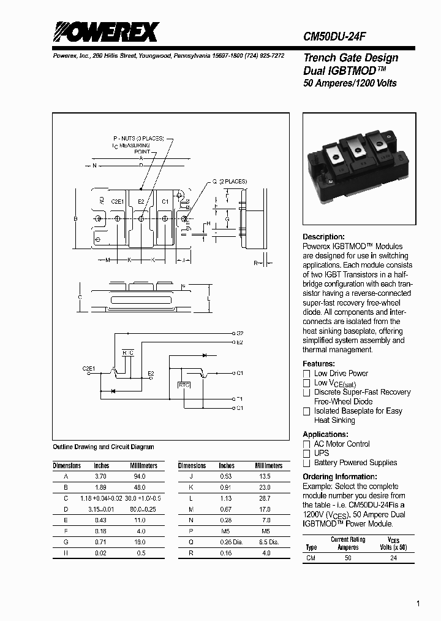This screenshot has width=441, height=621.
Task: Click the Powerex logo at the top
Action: [105, 31]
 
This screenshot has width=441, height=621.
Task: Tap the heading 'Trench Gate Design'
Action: [351, 58]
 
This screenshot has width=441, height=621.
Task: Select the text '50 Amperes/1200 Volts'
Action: [350, 83]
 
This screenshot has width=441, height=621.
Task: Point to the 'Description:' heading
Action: [324, 237]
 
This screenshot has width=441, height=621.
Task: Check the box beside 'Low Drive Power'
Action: [307, 374]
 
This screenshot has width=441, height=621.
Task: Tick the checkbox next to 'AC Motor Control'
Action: [307, 444]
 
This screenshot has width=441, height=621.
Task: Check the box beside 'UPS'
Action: [307, 453]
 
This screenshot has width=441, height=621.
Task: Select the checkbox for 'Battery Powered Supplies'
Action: [307, 463]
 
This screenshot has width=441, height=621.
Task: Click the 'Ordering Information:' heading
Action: [340, 477]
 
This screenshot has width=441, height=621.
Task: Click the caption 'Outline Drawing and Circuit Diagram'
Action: [104, 447]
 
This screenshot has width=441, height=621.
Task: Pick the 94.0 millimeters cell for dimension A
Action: [140, 476]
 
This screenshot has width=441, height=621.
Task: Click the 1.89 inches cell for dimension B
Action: [101, 487]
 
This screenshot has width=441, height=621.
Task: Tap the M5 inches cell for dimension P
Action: [226, 531]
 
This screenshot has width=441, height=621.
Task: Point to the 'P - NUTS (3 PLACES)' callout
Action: [138, 138]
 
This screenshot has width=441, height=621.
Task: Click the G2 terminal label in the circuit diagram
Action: [239, 333]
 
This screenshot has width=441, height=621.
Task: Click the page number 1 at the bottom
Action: [418, 604]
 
